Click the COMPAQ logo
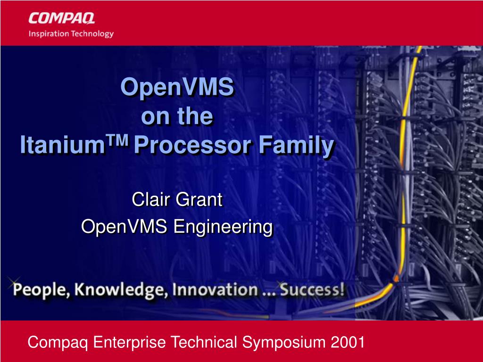click(62, 18)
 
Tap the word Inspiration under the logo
click(49, 33)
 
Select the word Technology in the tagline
click(92, 33)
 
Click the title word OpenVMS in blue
click(177, 87)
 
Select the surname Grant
click(200, 199)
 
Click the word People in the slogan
click(42, 290)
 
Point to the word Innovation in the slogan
click(215, 290)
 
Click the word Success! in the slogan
click(312, 290)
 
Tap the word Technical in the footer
click(204, 342)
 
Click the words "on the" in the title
click(177, 116)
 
